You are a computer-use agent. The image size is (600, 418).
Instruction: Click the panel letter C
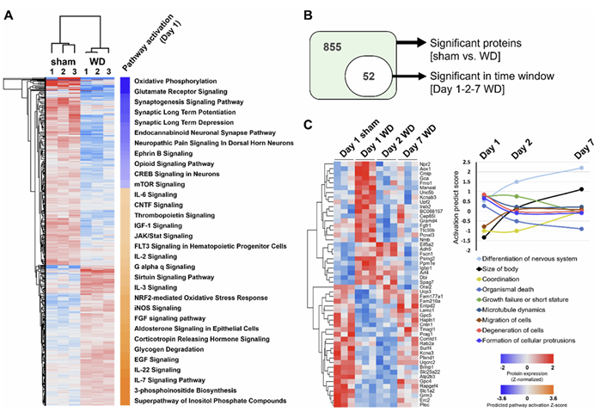[x=305, y=123]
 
